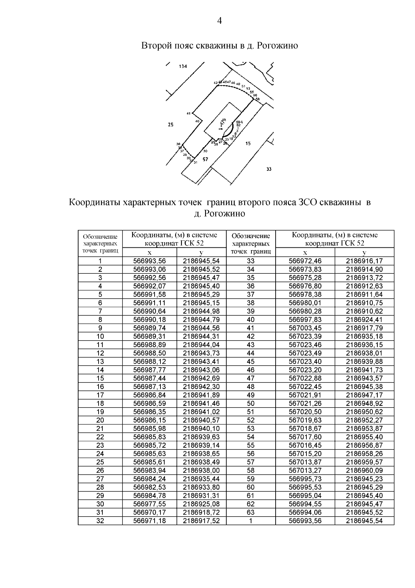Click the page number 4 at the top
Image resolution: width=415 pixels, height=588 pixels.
[x=219, y=21]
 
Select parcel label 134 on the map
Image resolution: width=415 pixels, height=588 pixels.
[x=183, y=67]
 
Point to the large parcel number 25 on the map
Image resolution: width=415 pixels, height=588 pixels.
[x=170, y=125]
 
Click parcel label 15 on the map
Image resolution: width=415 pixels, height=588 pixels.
[x=248, y=143]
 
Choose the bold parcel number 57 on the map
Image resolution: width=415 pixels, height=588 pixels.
[x=205, y=159]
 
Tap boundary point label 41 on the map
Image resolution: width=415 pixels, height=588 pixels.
[x=188, y=113]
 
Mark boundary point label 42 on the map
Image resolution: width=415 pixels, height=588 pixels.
[x=215, y=82]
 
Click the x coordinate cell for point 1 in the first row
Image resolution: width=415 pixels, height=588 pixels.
[x=149, y=261]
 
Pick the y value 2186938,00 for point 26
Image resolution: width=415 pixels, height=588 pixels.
[x=201, y=471]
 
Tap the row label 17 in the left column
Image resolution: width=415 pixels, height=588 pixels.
[x=100, y=395]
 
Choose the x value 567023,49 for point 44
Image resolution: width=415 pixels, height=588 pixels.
[x=305, y=353]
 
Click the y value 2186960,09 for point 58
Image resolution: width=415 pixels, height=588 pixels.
[x=364, y=471]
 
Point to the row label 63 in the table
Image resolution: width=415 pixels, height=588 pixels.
[x=251, y=512]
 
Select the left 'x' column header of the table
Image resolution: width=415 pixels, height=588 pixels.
[x=149, y=253]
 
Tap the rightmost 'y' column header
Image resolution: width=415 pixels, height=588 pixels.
[x=364, y=253]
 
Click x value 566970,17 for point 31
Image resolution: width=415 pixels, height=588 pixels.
[x=149, y=512]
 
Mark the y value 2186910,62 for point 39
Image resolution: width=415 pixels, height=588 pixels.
[x=364, y=311]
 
